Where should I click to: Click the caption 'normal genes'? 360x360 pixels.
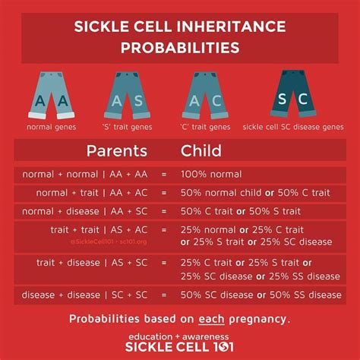click(51, 127)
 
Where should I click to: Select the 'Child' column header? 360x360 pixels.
click(201, 150)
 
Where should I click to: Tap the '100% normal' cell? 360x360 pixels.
click(211, 174)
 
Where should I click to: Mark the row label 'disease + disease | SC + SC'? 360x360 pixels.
click(94, 295)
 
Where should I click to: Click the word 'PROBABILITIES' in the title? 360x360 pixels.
click(180, 47)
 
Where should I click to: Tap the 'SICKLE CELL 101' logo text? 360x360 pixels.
click(180, 349)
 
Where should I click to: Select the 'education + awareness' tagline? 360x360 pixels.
click(180, 336)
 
